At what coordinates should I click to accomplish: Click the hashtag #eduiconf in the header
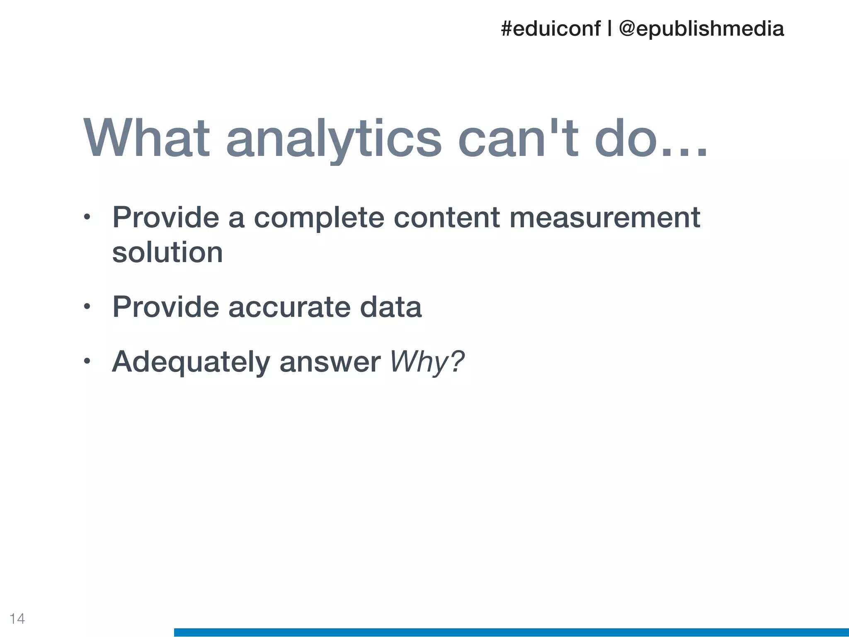(550, 29)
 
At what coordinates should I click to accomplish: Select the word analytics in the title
(334, 139)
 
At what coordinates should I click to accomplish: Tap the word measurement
(604, 217)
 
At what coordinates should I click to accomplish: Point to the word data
(391, 307)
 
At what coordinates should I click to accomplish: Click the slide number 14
(17, 619)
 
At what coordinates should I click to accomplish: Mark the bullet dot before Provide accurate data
(87, 307)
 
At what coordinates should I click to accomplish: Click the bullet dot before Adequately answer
(87, 362)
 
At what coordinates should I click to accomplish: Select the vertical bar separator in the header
(609, 29)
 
